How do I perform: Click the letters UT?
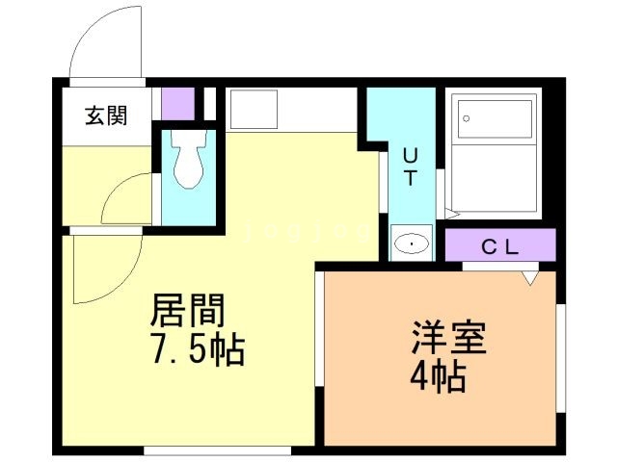tap(410, 166)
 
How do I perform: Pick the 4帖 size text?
tap(439, 375)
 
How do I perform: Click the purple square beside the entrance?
tap(176, 102)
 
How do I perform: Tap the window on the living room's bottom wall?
tap(217, 449)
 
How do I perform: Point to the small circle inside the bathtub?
tap(466, 119)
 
